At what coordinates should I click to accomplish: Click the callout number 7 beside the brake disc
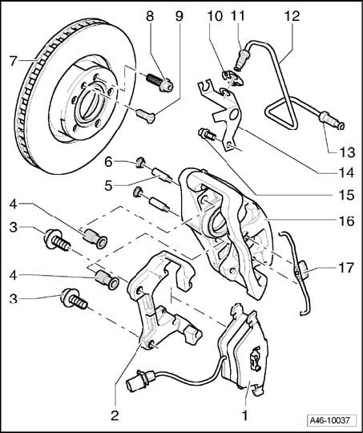pos(14,61)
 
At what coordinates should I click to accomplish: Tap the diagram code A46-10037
pos(329,420)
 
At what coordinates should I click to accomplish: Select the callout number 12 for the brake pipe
pos(292,16)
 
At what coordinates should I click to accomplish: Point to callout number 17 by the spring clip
pos(345,268)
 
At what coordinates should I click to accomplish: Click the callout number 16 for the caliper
pos(346,221)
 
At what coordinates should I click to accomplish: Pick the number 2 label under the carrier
pos(115,415)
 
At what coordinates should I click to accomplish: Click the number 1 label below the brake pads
pos(244,415)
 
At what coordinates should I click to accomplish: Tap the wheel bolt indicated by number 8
pos(159,83)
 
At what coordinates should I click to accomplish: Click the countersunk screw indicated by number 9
pos(146,115)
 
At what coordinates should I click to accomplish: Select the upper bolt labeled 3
pos(58,240)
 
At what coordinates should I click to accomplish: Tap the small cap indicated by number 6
pos(141,162)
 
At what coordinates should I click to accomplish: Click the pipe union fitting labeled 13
pos(331,120)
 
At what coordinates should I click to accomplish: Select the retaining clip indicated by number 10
pos(232,78)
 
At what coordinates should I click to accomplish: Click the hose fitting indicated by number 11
pos(242,59)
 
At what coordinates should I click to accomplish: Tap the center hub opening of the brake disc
pos(89,106)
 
